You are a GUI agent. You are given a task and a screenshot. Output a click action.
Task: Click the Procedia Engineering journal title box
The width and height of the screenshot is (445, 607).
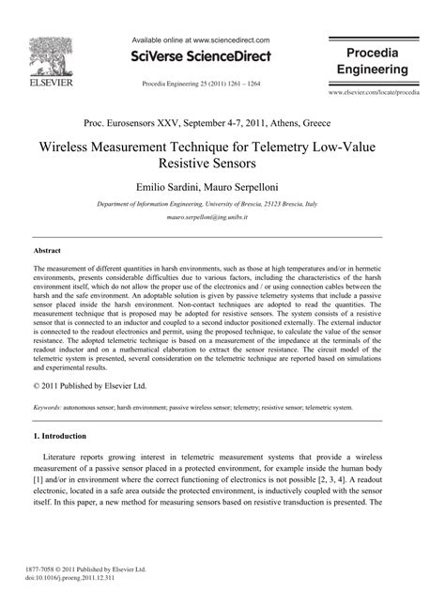pyautogui.click(x=372, y=60)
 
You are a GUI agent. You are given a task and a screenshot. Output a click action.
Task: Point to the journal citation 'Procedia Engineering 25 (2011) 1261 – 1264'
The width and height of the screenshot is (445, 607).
pyautogui.click(x=200, y=84)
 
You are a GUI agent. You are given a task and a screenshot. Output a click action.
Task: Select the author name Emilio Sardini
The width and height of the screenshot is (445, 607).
pyautogui.click(x=169, y=187)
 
